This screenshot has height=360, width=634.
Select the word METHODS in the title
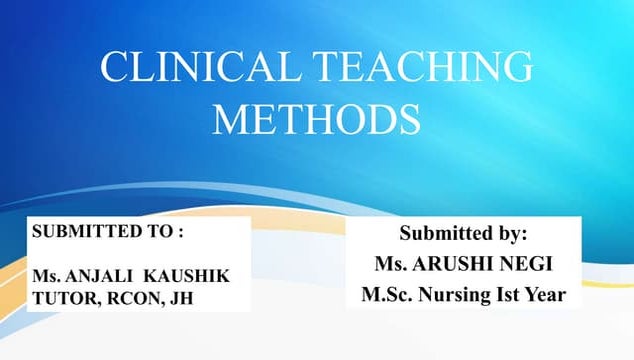[316, 117]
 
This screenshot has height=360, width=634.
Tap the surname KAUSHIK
[196, 273]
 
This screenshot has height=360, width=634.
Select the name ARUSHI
[451, 265]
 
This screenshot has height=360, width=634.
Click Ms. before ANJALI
[46, 273]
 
